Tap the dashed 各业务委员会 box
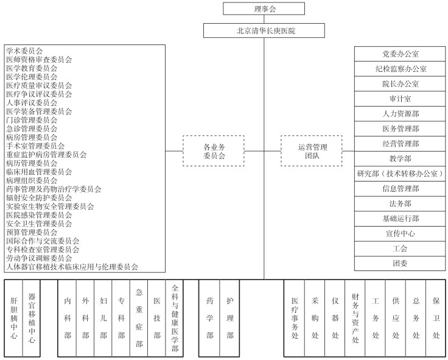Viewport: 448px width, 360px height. click(214, 151)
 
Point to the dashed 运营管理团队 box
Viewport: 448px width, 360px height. click(312, 151)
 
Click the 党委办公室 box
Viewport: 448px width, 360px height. click(400, 54)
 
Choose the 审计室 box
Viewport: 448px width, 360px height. click(400, 99)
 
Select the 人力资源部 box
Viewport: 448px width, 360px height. click(400, 114)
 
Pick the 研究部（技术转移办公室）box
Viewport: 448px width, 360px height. click(400, 174)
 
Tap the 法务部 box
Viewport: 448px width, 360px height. click(400, 203)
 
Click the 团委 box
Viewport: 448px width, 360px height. click(400, 263)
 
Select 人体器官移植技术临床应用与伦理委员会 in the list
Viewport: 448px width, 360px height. click(72, 267)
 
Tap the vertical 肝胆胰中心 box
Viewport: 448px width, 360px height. click(14, 318)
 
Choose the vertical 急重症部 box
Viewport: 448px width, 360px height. click(139, 318)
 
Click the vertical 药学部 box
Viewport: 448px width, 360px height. click(209, 318)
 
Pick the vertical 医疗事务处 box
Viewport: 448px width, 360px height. click(295, 318)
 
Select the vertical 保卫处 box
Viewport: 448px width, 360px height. click(436, 318)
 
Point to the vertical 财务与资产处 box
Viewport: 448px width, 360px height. click(355, 318)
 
